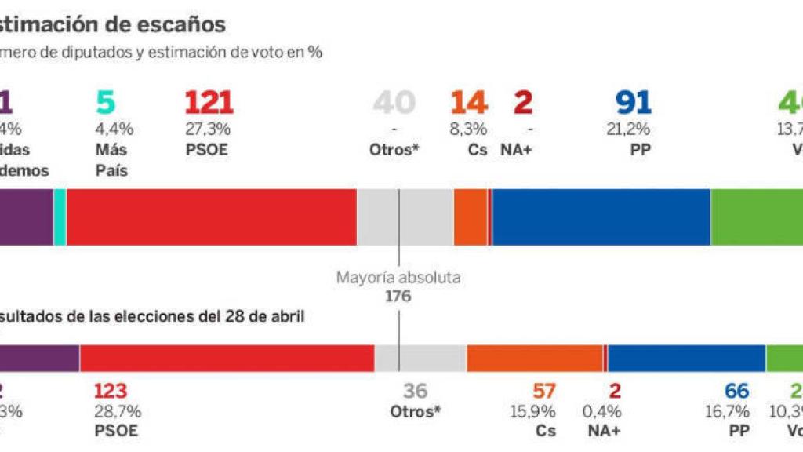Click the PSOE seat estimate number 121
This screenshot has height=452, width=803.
[209, 103]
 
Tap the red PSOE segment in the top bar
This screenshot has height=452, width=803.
[211, 217]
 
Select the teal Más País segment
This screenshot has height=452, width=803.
[60, 217]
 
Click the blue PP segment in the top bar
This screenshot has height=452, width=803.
[601, 217]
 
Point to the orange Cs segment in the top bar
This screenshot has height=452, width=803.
[471, 217]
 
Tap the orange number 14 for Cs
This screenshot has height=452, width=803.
[469, 103]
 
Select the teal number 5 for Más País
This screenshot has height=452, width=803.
[106, 103]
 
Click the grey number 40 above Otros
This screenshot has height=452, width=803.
[394, 103]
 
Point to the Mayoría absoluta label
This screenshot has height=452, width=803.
[398, 277]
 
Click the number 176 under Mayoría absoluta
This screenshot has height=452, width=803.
[398, 296]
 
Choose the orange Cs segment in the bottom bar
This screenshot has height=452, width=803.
[535, 358]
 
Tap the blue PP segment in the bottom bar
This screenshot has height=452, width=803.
[686, 358]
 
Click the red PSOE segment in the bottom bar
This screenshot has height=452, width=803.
[227, 358]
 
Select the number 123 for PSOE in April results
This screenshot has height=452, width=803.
[110, 391]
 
